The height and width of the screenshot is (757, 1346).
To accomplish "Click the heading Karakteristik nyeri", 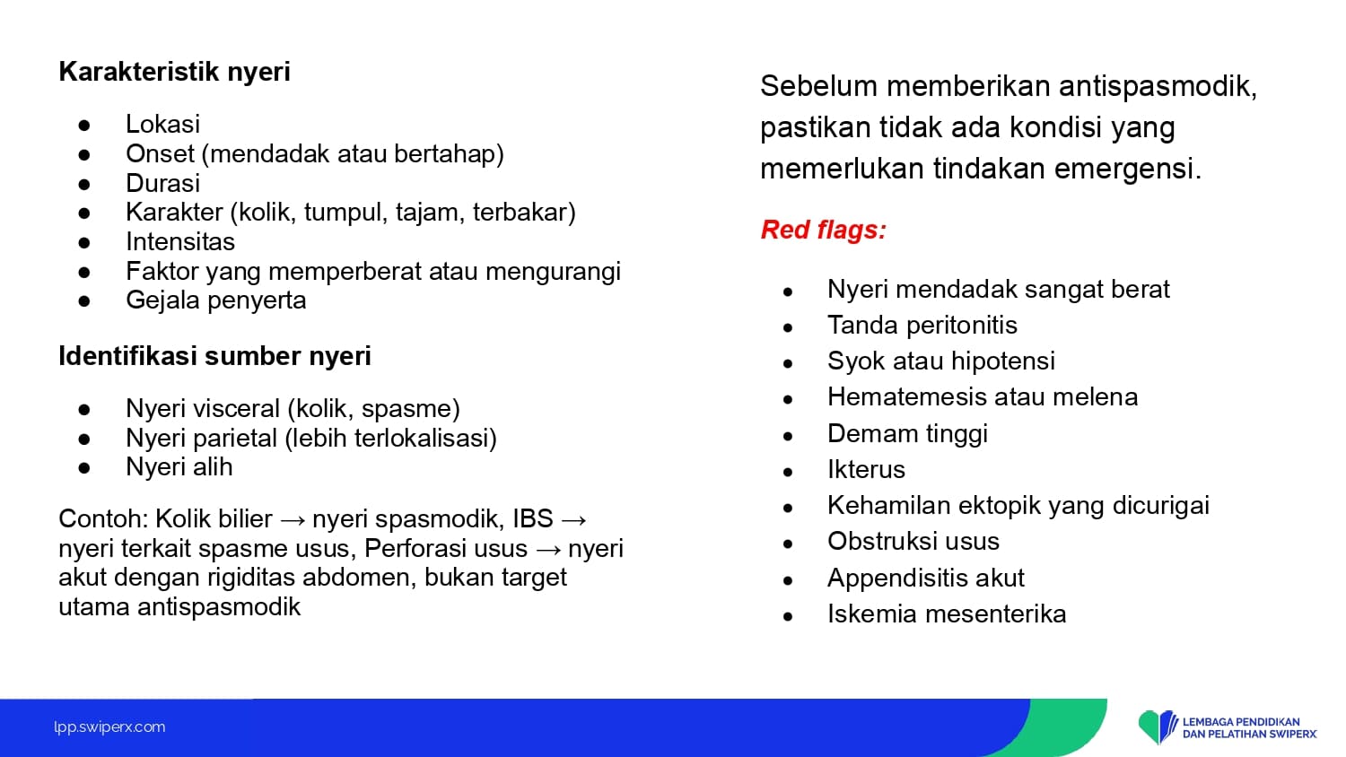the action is pyautogui.click(x=174, y=72).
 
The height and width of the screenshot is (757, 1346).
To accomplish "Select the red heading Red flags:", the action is pyautogui.click(x=823, y=230).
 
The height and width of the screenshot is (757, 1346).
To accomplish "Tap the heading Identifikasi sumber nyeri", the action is pyautogui.click(x=214, y=356).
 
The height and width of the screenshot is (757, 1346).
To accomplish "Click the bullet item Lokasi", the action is pyautogui.click(x=162, y=125).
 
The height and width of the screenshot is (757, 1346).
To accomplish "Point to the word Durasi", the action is pyautogui.click(x=162, y=183).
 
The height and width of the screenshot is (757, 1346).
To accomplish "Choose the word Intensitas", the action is pyautogui.click(x=179, y=241).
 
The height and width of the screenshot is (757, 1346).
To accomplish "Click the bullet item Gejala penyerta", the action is pyautogui.click(x=215, y=300).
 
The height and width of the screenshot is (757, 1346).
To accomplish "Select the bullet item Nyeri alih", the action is pyautogui.click(x=179, y=466).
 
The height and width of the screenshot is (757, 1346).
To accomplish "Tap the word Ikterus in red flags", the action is pyautogui.click(x=866, y=469).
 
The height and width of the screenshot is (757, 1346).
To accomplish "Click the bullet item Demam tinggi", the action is pyautogui.click(x=907, y=434).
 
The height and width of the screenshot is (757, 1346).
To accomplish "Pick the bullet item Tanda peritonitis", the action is pyautogui.click(x=922, y=325).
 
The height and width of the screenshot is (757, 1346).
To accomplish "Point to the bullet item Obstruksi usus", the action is pyautogui.click(x=913, y=542).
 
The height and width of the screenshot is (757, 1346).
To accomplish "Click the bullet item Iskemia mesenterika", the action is pyautogui.click(x=947, y=614).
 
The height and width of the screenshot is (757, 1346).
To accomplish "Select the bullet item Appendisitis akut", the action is pyautogui.click(x=925, y=578).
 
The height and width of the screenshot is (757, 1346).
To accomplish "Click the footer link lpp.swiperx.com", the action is pyautogui.click(x=109, y=727).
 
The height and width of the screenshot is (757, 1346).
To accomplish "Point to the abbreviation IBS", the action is pyautogui.click(x=532, y=518).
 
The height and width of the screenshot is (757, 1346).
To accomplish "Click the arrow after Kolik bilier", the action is pyautogui.click(x=293, y=519).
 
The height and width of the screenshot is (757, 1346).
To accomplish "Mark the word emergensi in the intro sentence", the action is pyautogui.click(x=1128, y=169).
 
